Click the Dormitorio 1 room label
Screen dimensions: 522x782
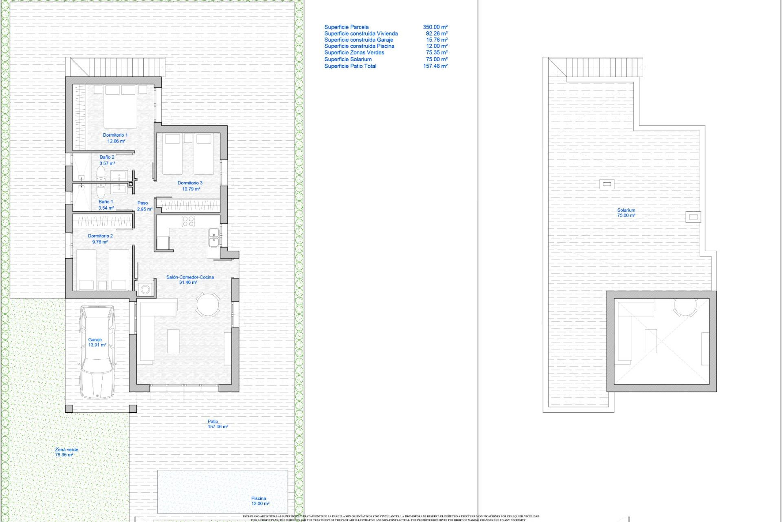[x=116, y=138]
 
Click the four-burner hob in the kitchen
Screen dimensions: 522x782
[x=188, y=221]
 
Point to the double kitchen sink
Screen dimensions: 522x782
[x=213, y=237]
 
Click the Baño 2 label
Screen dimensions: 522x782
[x=107, y=160]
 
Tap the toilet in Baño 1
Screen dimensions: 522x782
[x=101, y=191]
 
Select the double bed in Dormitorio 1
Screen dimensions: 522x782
[x=120, y=107]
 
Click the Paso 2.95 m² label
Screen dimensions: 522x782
[x=144, y=206]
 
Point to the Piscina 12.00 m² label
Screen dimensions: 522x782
[x=260, y=501]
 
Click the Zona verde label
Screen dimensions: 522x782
[x=66, y=452]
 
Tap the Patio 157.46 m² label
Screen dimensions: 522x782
[x=217, y=424]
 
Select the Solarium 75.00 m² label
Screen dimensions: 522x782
[x=626, y=212]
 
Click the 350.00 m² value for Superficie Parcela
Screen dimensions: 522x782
[x=435, y=27]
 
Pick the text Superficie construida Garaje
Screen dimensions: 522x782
[x=358, y=40]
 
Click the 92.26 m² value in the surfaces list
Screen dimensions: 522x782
[x=437, y=33]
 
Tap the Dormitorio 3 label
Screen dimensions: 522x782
[x=190, y=186]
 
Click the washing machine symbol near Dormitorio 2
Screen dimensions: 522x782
[x=145, y=290]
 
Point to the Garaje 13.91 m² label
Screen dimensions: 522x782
[x=97, y=342]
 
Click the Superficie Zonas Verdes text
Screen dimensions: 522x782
[x=354, y=52]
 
